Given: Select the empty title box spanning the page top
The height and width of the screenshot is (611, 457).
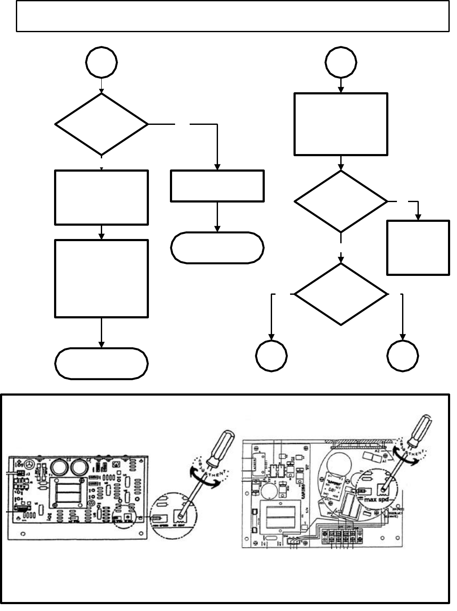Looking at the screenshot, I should pos(233,16).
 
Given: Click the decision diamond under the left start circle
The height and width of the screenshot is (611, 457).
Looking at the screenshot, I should pos(102,124).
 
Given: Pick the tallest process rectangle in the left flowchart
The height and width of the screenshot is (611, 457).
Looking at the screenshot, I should pos(102,278).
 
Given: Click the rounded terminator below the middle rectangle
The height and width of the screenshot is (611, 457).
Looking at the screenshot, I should pos(217,248).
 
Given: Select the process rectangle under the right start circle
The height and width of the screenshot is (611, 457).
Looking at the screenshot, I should pos(341,124).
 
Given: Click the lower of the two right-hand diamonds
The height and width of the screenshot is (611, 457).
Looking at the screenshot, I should pos(341,294).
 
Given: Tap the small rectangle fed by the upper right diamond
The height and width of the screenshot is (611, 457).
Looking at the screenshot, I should pos(418,247).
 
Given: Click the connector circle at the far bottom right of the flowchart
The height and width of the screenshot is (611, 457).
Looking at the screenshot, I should pos(403,356).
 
